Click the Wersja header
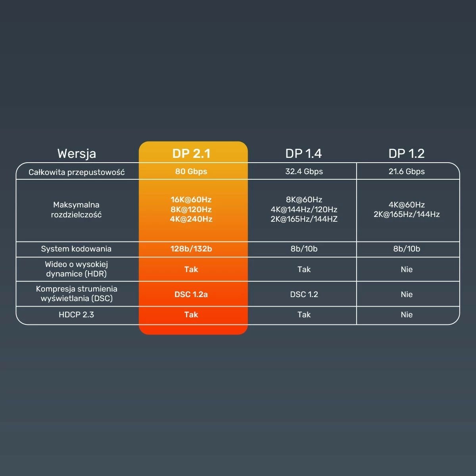pos(77,154)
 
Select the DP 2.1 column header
pos(191,154)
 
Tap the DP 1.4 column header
pos(303,154)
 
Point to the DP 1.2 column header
pos(407,154)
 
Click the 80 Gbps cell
pos(191,171)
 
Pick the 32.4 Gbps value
pos(304,171)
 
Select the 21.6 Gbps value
pos(407,171)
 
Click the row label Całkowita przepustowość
pos(77,172)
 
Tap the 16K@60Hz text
pos(191,200)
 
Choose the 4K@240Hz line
pos(191,219)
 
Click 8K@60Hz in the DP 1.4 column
pos(304,200)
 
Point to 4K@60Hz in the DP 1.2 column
pos(407,205)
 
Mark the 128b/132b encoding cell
pos(191,249)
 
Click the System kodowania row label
pos(76,249)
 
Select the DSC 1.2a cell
pos(191,294)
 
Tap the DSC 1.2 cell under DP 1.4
pos(304,294)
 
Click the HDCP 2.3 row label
pos(76,315)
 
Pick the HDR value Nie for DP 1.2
pos(407,269)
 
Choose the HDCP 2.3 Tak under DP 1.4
pos(304,315)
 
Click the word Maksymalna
pos(76,205)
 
